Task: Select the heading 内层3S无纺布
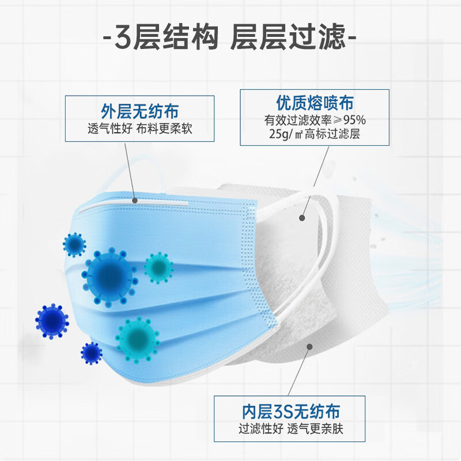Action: [x=289, y=411]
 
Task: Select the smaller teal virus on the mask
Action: [x=158, y=266]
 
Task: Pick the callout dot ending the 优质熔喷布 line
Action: [x=301, y=218]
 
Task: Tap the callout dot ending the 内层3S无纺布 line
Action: [x=309, y=347]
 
